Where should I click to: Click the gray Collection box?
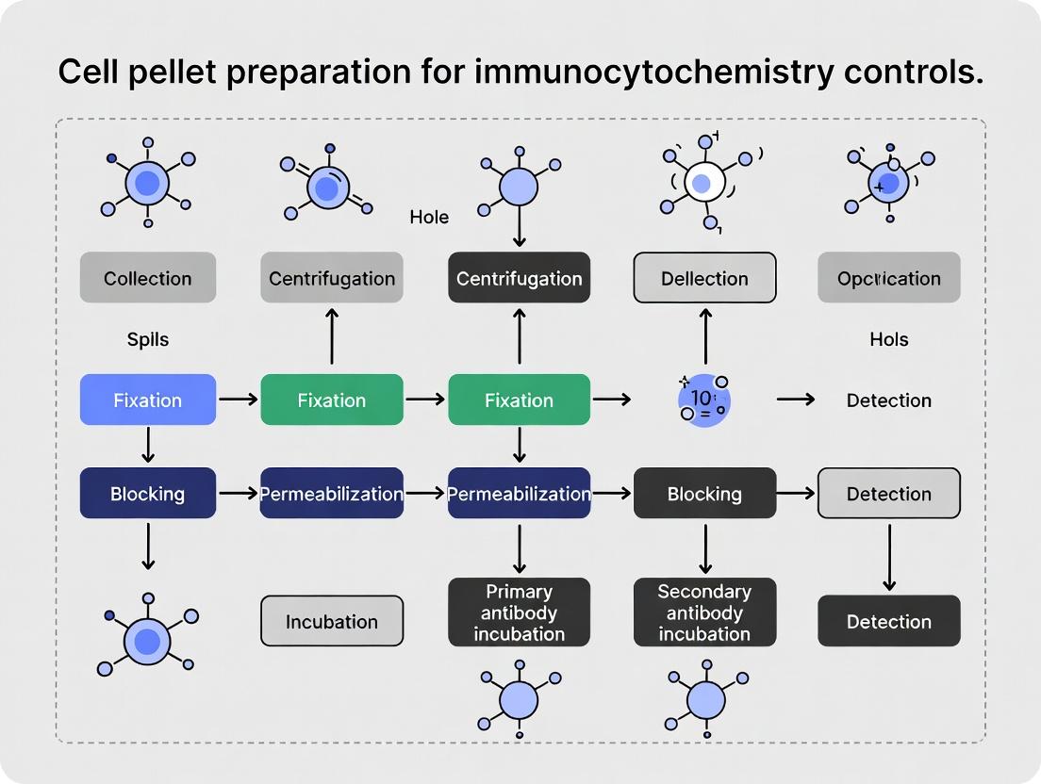pos(148,278)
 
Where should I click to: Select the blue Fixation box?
pos(148,400)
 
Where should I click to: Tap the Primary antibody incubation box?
pos(519,612)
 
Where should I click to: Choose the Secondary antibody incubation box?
pos(704,612)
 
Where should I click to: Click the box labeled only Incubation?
pos(332,621)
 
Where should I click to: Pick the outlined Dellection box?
pos(704,278)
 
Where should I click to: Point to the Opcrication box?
pos(888,278)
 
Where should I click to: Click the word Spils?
pos(148,339)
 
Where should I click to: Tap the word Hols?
pos(888,339)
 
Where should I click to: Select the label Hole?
pos(429,218)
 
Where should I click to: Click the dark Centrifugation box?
pos(519,278)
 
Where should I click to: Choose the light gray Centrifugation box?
pos(332,278)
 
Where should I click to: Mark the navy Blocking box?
pos(148,494)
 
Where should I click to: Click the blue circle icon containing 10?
pos(703,400)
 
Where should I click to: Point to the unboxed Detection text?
pos(888,400)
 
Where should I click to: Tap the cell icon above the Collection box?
pos(148,183)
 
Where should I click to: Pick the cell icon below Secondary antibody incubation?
pos(704,699)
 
